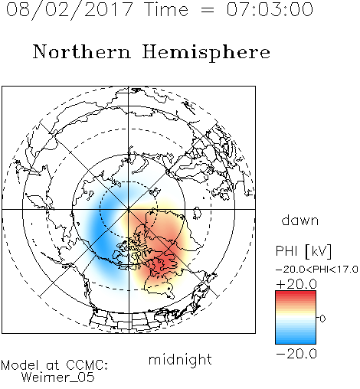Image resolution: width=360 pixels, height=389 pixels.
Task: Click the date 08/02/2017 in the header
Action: click(x=69, y=10)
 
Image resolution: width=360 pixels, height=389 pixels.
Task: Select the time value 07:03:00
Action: click(x=270, y=9)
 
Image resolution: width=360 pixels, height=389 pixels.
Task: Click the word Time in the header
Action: click(x=166, y=9)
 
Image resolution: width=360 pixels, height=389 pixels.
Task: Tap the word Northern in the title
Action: click(x=82, y=51)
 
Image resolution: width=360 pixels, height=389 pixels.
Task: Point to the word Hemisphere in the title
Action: click(x=206, y=53)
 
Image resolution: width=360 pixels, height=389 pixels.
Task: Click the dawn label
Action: click(x=300, y=221)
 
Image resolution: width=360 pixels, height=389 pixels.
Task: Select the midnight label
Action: click(x=180, y=359)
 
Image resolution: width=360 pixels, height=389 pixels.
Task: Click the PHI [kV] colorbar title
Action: click(x=303, y=251)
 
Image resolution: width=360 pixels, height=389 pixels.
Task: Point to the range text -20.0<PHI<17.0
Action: click(x=317, y=270)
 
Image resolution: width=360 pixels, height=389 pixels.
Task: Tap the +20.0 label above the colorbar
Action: click(x=296, y=284)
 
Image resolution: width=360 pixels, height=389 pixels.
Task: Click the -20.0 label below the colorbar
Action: click(x=296, y=354)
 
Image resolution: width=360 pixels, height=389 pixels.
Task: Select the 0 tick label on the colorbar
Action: click(x=322, y=319)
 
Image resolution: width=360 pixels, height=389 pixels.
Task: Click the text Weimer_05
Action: click(x=58, y=378)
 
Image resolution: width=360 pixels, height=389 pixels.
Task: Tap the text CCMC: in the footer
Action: click(x=87, y=365)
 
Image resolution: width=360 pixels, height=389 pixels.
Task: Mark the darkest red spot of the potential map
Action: click(x=165, y=263)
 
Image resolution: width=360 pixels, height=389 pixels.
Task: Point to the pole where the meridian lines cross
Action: click(x=129, y=209)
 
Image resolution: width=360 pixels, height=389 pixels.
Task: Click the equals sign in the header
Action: click(x=208, y=10)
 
